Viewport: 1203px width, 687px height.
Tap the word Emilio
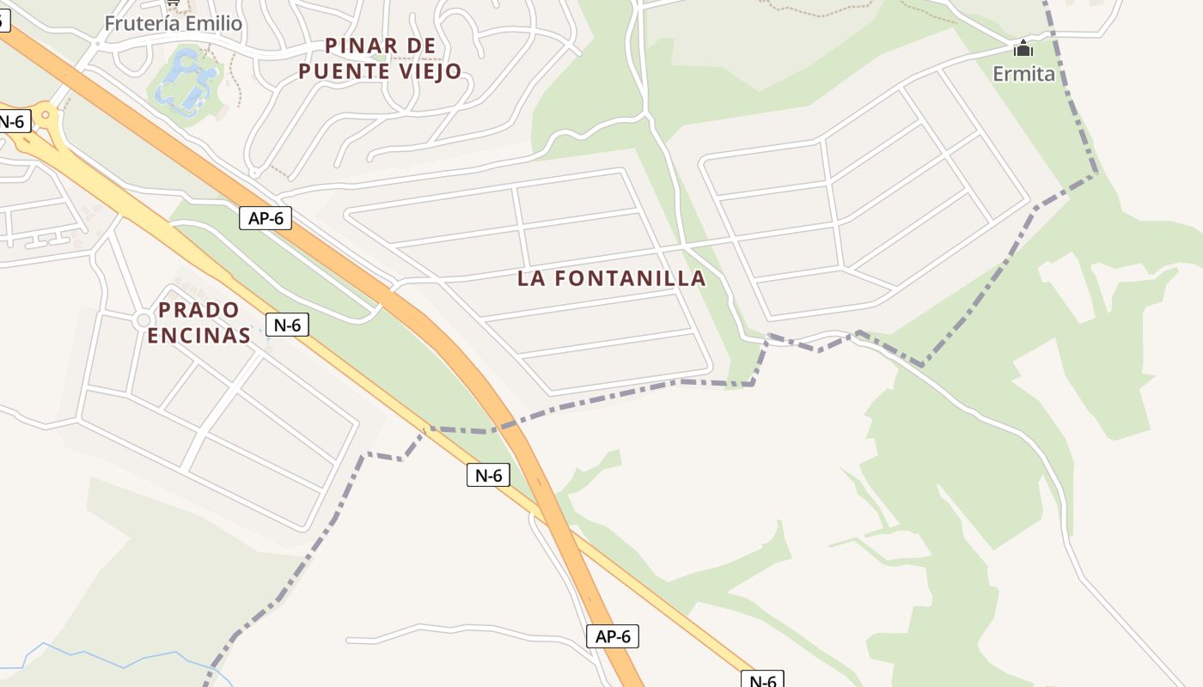pyautogui.click(x=213, y=23)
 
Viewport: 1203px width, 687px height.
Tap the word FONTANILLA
pyautogui.click(x=632, y=278)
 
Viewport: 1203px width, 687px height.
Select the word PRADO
pyautogui.click(x=198, y=309)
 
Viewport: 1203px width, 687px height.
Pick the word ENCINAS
pyautogui.click(x=198, y=335)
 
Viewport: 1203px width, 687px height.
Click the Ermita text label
pyautogui.click(x=1023, y=74)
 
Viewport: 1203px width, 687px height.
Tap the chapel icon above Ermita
pyautogui.click(x=1023, y=49)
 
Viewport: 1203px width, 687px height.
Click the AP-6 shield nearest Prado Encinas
pyautogui.click(x=266, y=218)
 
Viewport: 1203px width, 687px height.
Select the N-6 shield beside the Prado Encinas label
pyautogui.click(x=287, y=325)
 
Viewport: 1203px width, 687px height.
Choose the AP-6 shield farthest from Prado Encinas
pyautogui.click(x=614, y=636)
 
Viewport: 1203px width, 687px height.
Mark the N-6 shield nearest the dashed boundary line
pyautogui.click(x=488, y=474)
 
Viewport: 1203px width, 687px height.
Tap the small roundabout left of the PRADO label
pyautogui.click(x=143, y=320)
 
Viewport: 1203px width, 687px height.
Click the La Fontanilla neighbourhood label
pyautogui.click(x=611, y=278)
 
